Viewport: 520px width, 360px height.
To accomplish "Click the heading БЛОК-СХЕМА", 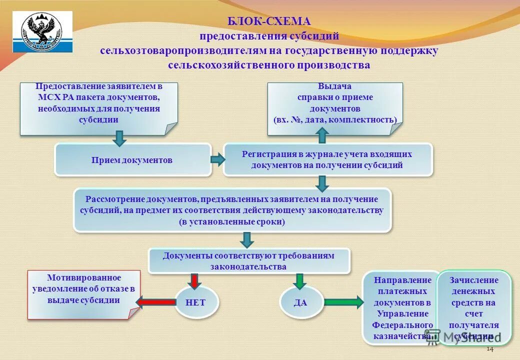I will pos(269,21).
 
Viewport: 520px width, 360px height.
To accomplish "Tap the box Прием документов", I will pos(132,160).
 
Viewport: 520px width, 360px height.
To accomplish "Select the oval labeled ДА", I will pos(300,302).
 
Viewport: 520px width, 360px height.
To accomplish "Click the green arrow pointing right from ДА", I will pos(344,302).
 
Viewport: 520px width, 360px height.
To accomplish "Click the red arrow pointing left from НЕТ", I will pos(155,301).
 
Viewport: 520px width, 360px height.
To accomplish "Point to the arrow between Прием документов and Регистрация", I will pos(217,160).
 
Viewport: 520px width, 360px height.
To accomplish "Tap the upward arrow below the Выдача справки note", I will pos(322,135).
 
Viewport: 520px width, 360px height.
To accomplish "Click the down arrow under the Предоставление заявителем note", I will pos(119,138).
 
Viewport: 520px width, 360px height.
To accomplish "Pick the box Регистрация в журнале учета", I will pos(327,160).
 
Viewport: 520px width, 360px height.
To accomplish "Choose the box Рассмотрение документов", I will pos(232,210).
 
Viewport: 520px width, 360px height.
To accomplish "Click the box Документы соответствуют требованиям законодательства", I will pos(248,261).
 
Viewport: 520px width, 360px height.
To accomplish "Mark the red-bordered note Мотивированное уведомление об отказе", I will pos(83,294).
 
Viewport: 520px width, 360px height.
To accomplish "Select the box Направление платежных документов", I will pos(402,307).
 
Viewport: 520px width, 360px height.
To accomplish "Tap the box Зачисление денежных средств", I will pos(473,307).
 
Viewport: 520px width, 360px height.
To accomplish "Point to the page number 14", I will pos(489,349).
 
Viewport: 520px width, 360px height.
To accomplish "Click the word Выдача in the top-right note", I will pos(334,86).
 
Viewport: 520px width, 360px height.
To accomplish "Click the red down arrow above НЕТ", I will pos(194,280).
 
